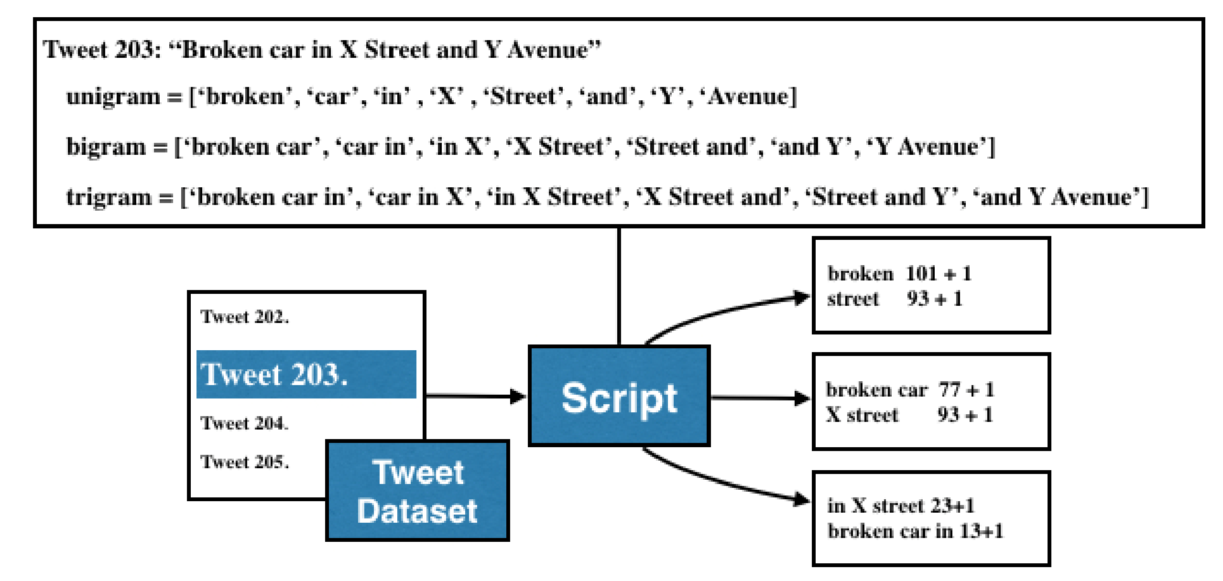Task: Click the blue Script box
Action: point(619,396)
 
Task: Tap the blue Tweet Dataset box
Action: point(417,491)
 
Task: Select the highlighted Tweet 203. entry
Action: point(306,374)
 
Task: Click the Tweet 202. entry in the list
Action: point(245,317)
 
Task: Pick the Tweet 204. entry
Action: point(245,423)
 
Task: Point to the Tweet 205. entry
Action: point(245,462)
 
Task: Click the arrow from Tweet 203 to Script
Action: point(475,396)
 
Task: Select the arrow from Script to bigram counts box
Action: point(760,398)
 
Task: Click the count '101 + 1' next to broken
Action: point(939,274)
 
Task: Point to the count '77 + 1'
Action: point(966,390)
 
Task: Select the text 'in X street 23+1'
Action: point(901,506)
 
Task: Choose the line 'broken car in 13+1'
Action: point(915,531)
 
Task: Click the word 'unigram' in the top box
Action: point(113,97)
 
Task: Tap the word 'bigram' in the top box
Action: point(106,147)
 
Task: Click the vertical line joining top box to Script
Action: point(619,287)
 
